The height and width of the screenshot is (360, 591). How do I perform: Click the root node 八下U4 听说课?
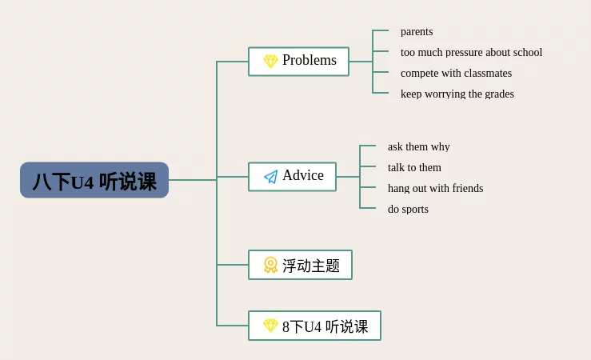94,180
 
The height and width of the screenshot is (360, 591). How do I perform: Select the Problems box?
298,62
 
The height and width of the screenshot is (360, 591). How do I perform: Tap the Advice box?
292,177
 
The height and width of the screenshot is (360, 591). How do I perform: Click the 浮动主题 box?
300,265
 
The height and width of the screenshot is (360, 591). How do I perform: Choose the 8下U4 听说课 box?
314,326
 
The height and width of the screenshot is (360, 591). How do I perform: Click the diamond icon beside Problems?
270,61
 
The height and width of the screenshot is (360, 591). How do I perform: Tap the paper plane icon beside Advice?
270,177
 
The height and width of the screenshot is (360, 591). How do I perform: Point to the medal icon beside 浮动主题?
270,265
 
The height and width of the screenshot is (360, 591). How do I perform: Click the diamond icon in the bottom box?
270,326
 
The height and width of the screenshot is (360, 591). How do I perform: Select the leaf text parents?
417,32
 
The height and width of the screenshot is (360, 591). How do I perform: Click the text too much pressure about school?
471,52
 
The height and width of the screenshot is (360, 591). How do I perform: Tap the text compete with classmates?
456,73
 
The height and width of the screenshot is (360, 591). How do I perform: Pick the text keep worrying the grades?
457,94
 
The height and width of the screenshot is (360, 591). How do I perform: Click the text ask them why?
419,146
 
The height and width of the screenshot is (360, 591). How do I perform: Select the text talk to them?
414,167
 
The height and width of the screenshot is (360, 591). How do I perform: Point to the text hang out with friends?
435,188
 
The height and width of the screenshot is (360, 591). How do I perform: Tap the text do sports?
408,209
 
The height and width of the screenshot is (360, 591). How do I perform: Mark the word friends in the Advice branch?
468,188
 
